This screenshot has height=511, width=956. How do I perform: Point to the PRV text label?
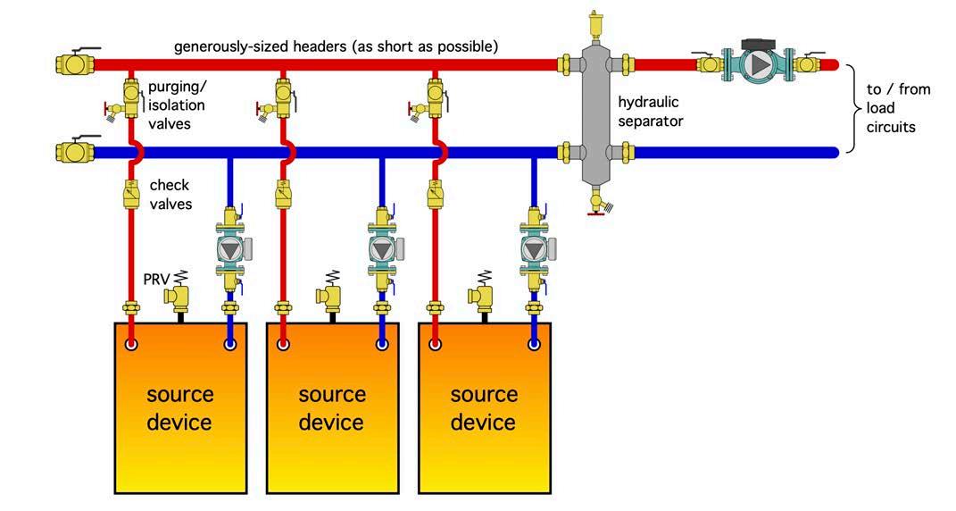(x=156, y=280)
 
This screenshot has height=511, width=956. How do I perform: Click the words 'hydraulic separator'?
(x=650, y=112)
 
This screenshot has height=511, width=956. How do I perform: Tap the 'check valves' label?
(x=170, y=194)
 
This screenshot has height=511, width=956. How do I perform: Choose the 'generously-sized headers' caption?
(x=336, y=45)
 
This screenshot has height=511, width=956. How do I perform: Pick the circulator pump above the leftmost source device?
(x=231, y=249)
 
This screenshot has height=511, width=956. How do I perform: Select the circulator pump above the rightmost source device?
(x=535, y=249)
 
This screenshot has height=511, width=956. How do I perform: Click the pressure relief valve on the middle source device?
(x=332, y=293)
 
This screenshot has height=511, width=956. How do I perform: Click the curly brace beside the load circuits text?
(x=852, y=108)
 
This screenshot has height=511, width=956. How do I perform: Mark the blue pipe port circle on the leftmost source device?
(x=231, y=343)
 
